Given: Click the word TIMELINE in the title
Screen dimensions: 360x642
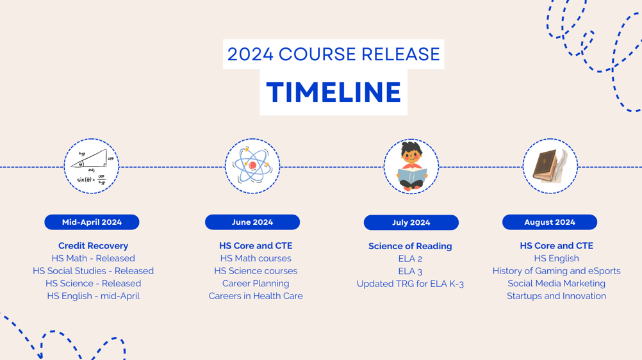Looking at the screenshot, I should pyautogui.click(x=333, y=92).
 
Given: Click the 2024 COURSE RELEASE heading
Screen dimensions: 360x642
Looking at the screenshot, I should pyautogui.click(x=333, y=54).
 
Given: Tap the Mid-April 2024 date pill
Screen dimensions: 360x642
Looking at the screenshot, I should pyautogui.click(x=92, y=222).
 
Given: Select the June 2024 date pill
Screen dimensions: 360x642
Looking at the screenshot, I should pyautogui.click(x=252, y=222).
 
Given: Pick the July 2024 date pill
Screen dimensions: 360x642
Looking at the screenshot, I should pyautogui.click(x=411, y=222).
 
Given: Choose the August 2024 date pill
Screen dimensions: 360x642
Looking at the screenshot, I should pyautogui.click(x=550, y=222).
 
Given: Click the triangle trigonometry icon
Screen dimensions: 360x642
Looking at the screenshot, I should pyautogui.click(x=92, y=166).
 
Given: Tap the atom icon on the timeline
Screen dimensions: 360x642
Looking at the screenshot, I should pyautogui.click(x=252, y=166).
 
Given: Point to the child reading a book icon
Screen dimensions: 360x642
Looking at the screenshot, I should pyautogui.click(x=411, y=167).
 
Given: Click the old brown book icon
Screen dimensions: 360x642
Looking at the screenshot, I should pyautogui.click(x=550, y=166).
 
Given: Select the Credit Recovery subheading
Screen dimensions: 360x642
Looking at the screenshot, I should pyautogui.click(x=93, y=245).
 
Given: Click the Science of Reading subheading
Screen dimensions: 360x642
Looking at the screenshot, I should pyautogui.click(x=410, y=246).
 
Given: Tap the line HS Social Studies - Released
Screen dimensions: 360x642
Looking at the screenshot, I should pyautogui.click(x=93, y=271).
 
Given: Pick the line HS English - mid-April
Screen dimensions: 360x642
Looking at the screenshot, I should pyautogui.click(x=93, y=296).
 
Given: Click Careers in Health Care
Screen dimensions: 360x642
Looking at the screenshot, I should pyautogui.click(x=256, y=296).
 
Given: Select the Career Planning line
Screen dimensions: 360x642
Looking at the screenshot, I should pyautogui.click(x=256, y=283).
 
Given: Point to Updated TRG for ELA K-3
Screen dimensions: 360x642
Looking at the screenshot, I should pyautogui.click(x=410, y=284).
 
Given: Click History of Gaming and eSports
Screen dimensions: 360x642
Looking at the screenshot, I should pyautogui.click(x=556, y=271).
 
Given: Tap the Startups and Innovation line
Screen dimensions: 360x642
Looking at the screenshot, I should pyautogui.click(x=556, y=296).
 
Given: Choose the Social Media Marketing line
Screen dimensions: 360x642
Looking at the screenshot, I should pyautogui.click(x=556, y=283).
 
